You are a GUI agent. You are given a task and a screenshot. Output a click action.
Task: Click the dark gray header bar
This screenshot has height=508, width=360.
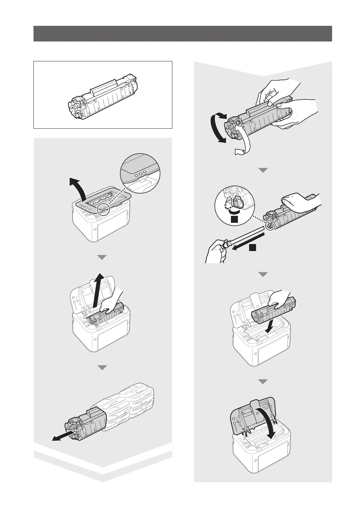(x=182, y=33)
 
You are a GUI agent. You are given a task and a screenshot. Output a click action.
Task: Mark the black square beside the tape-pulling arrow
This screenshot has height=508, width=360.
(x=253, y=248)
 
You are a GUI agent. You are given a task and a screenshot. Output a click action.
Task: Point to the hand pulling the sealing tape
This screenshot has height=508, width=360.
(x=216, y=251)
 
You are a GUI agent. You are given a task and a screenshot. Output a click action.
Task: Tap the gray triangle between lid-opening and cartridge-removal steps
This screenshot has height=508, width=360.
(x=101, y=257)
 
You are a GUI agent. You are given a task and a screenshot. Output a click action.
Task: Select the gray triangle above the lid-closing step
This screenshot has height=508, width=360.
(x=263, y=382)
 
